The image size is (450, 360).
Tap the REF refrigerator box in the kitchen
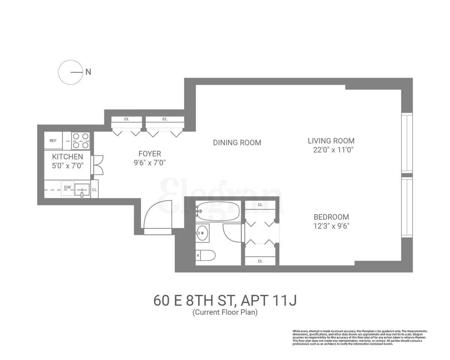[x=53, y=141]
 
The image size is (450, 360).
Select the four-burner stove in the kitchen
[x=81, y=141]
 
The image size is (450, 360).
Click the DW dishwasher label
[x=67, y=187]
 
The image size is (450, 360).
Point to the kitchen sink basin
[x=82, y=190]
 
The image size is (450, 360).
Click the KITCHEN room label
[x=67, y=156]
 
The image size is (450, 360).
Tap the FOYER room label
[x=150, y=154]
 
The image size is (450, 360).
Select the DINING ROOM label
[x=237, y=142]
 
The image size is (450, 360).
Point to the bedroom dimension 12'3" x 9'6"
[x=331, y=226]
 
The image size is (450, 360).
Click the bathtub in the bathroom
[x=218, y=211]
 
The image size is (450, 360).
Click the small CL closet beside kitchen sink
[x=94, y=190]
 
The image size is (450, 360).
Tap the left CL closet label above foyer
[x=127, y=119]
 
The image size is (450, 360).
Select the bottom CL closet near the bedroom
[x=260, y=261]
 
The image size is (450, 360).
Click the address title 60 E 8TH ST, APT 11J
[x=225, y=301]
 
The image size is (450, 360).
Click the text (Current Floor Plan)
[x=225, y=312]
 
